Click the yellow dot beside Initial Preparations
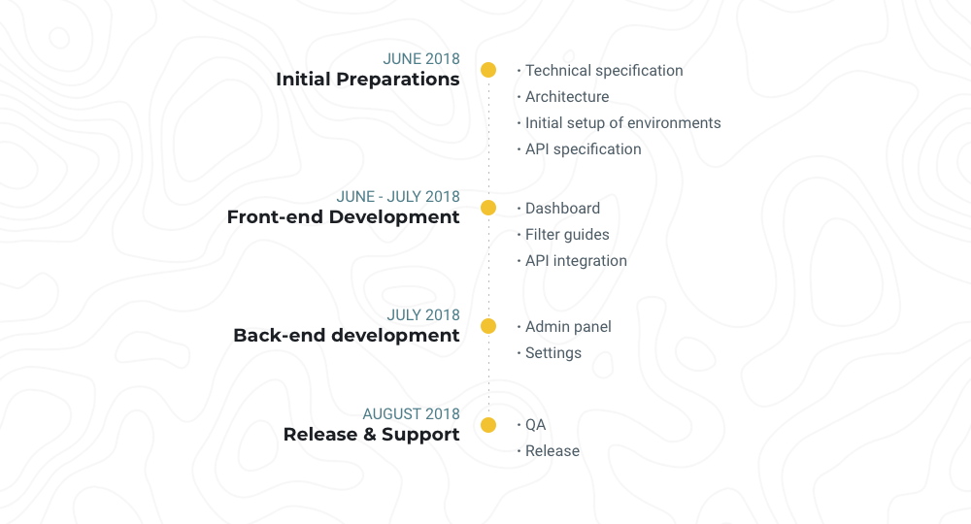pyautogui.click(x=488, y=70)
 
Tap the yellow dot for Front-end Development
pyautogui.click(x=488, y=208)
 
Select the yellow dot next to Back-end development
pyautogui.click(x=488, y=326)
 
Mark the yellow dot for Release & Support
pyautogui.click(x=488, y=425)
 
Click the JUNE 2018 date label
pyautogui.click(x=421, y=59)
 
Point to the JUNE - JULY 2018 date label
pyautogui.click(x=398, y=197)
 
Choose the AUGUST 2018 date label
pyautogui.click(x=412, y=414)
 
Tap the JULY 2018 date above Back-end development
pyautogui.click(x=423, y=315)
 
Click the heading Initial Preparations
pyautogui.click(x=368, y=80)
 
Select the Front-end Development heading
pyautogui.click(x=344, y=217)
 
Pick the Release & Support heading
pyautogui.click(x=372, y=435)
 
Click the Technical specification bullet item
pyautogui.click(x=604, y=71)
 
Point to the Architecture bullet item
pyautogui.click(x=567, y=97)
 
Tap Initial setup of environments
pyautogui.click(x=622, y=123)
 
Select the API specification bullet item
pyautogui.click(x=583, y=149)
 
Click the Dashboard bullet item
pyautogui.click(x=562, y=209)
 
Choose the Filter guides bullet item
pyautogui.click(x=567, y=235)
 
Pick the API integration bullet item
pyautogui.click(x=576, y=261)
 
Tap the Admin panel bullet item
pyautogui.click(x=568, y=327)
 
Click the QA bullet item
pyautogui.click(x=535, y=425)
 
